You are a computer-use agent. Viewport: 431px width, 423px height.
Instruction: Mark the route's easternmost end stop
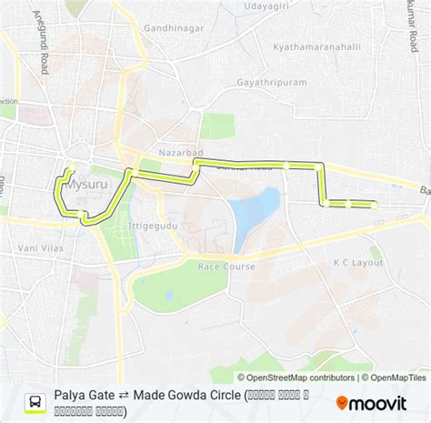[375, 206]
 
